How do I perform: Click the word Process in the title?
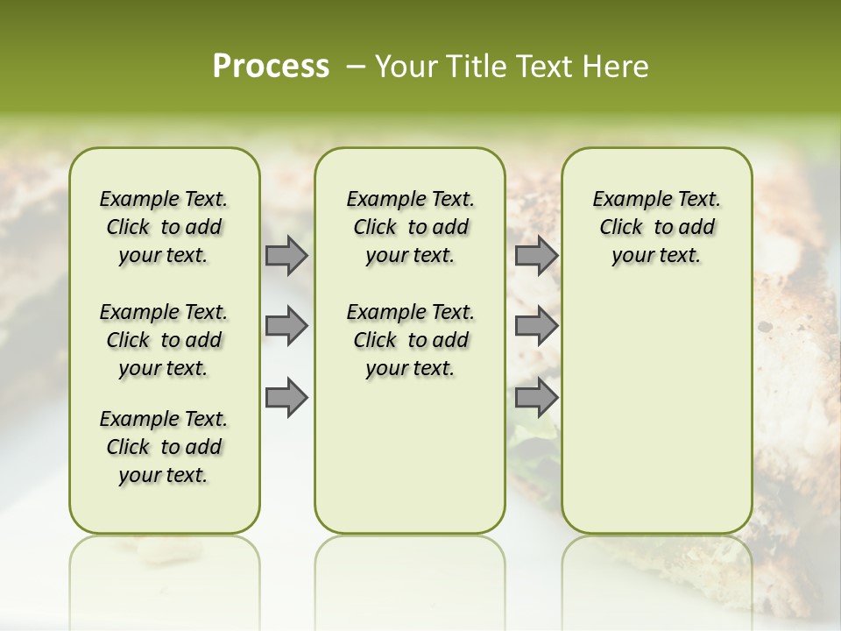271,67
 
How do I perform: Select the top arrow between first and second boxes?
286,255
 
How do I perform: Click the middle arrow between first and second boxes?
286,326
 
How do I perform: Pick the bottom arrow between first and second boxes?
286,397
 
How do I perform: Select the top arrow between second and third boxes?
536,255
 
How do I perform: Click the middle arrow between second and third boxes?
536,326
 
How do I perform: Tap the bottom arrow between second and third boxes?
536,397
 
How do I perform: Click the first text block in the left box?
164,227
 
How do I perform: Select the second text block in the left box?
164,340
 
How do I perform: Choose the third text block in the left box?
164,447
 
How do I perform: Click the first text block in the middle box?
410,227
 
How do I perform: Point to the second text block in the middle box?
410,340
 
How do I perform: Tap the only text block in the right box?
657,227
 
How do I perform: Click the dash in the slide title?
356,67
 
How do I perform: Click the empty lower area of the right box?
657,412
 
